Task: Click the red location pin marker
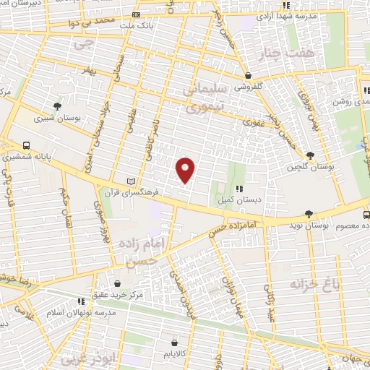click(x=186, y=169)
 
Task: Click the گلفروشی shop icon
click(x=248, y=75)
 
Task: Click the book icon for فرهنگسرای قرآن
click(x=131, y=180)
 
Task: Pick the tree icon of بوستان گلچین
click(x=310, y=155)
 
